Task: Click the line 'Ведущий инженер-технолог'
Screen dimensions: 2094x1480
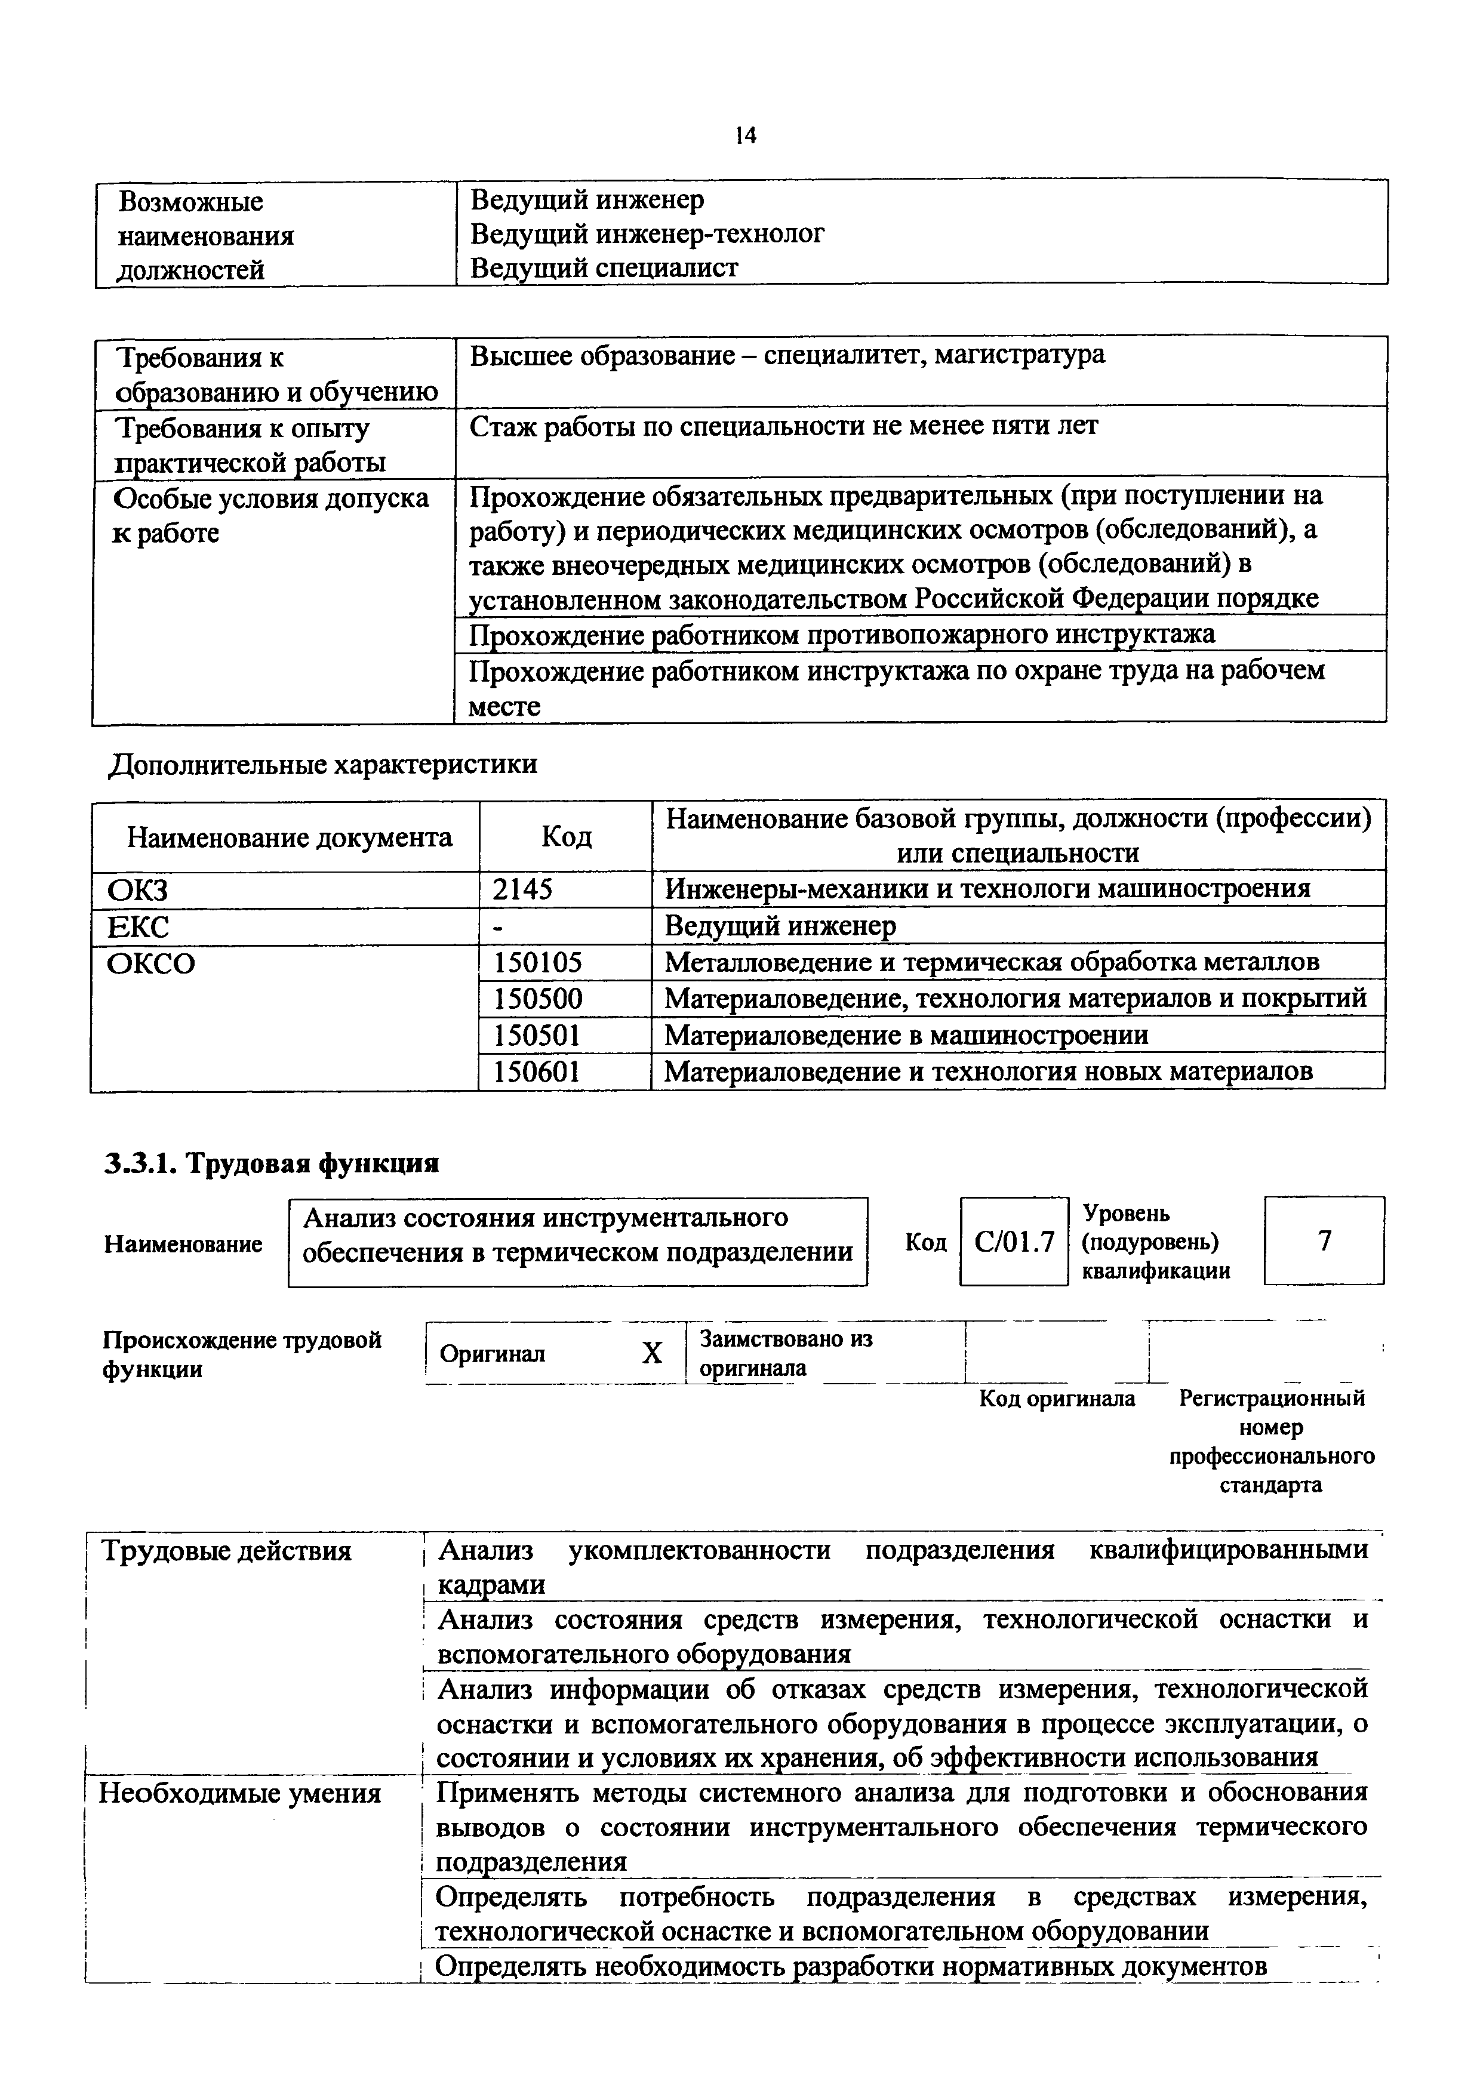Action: coord(647,235)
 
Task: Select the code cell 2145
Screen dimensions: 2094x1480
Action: coord(522,888)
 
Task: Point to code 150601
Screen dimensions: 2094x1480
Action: coord(537,1071)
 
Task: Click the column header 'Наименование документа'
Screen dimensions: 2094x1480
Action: coord(289,836)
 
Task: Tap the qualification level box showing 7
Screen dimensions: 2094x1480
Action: coord(1324,1240)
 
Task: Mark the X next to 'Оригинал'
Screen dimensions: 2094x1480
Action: coord(651,1353)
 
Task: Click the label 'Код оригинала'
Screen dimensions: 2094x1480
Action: coord(1057,1398)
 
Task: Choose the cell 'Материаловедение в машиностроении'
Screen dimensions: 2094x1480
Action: coord(906,1034)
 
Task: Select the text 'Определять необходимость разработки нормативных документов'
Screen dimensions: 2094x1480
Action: coord(851,1966)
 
